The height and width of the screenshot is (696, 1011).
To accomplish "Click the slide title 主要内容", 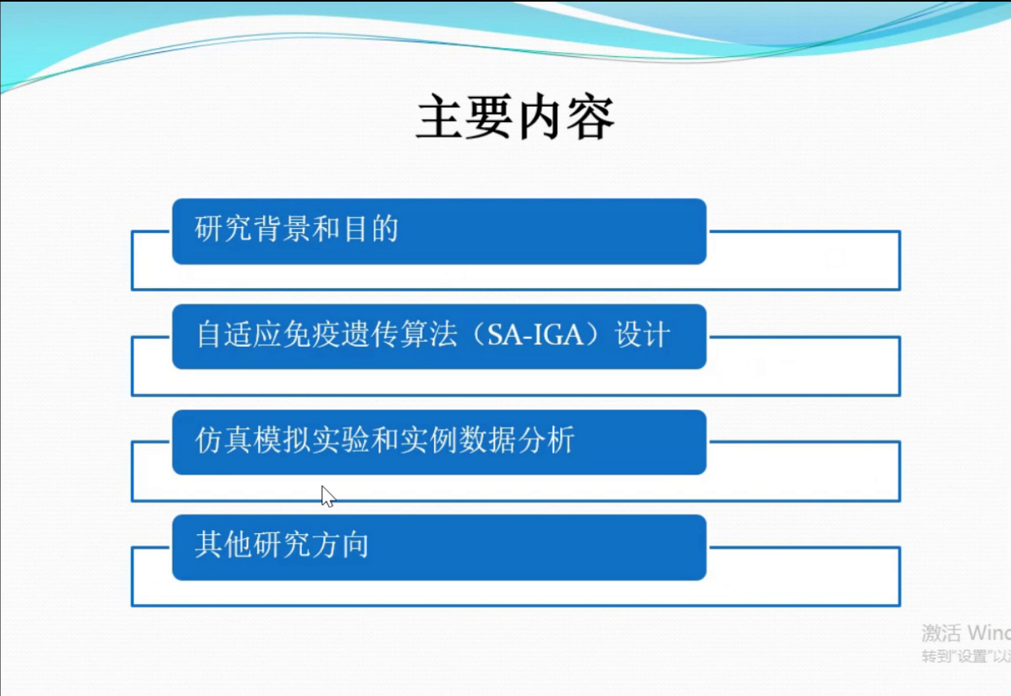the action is (515, 117).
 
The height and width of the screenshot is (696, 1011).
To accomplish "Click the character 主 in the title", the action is (440, 117).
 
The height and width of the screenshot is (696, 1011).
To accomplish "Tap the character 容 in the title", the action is (591, 117).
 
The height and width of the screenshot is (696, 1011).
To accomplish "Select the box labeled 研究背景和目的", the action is (439, 231).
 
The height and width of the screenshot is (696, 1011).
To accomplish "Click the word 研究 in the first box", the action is (223, 229).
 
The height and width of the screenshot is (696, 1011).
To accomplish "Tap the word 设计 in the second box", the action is (642, 335).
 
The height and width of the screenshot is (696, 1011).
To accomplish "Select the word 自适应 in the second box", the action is (239, 335).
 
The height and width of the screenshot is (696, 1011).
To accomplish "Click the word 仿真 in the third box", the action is (223, 440).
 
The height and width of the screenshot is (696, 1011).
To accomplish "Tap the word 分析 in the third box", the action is (546, 440).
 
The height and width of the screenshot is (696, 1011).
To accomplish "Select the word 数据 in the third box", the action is (488, 440).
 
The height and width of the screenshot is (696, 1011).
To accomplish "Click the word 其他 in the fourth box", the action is (223, 545).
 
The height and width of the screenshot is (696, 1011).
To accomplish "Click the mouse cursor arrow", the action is (328, 497).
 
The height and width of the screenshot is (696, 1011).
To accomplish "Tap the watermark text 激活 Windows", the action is (966, 633).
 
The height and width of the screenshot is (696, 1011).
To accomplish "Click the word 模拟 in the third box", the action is (282, 440).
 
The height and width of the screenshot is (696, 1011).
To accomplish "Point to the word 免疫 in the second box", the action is (312, 335).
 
